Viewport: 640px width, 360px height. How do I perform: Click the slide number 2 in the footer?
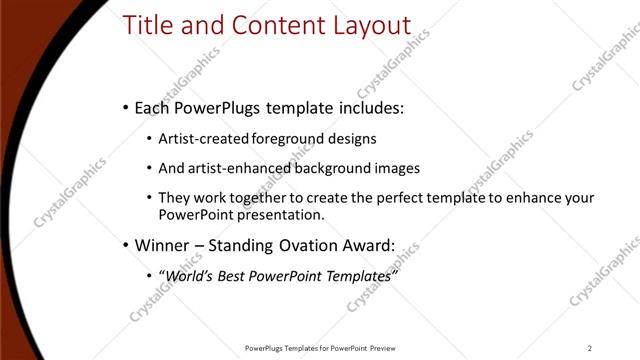(x=590, y=348)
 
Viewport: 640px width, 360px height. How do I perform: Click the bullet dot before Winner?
(x=124, y=245)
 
